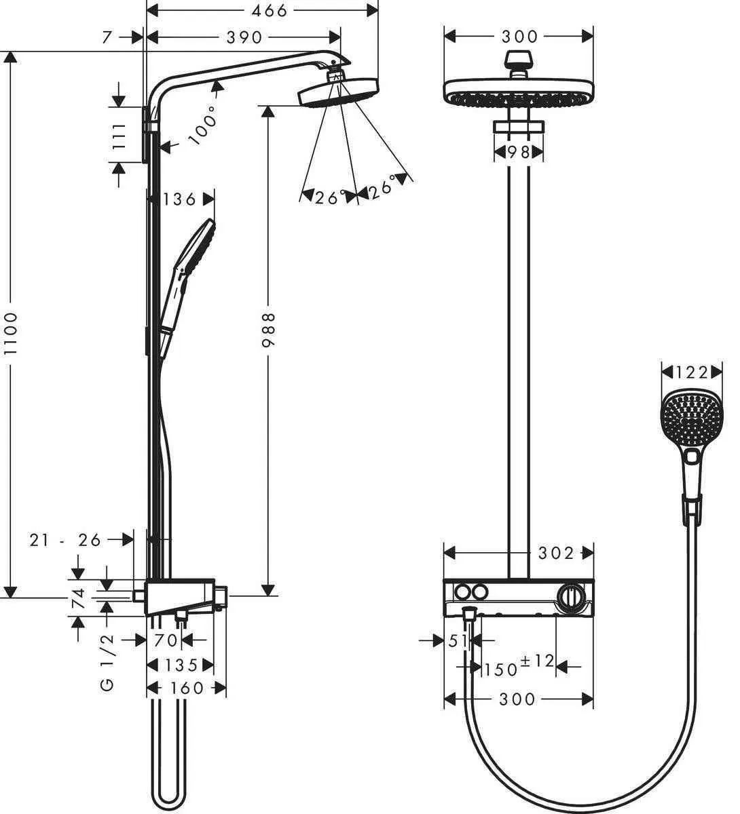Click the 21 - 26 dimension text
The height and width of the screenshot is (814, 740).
tap(65, 540)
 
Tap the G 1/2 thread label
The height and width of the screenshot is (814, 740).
tap(109, 663)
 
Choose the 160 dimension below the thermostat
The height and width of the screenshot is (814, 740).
tap(186, 688)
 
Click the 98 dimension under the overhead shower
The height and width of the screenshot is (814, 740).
tap(519, 153)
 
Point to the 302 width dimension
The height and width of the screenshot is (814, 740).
tap(556, 553)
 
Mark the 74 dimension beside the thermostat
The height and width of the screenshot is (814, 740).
tap(79, 598)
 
